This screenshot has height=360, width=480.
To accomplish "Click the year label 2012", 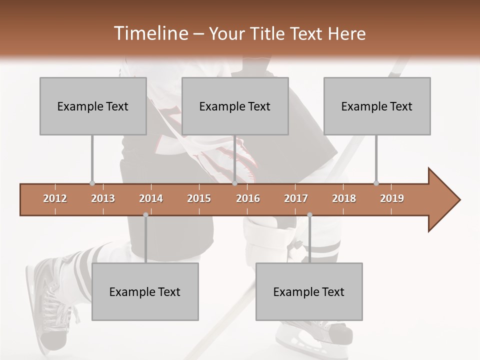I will point(55,198).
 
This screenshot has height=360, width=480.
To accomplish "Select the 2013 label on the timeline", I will point(103,198).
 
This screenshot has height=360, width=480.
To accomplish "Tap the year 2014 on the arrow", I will point(151,198).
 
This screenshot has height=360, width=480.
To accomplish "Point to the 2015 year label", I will point(199,198).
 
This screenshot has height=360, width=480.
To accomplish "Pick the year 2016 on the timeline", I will point(248,198).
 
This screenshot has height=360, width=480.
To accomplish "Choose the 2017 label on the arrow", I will point(296,198).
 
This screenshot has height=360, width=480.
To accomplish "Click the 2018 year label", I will point(344,198).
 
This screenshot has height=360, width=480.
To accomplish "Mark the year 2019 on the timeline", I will point(392,198).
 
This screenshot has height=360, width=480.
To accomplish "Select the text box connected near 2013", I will point(93,106).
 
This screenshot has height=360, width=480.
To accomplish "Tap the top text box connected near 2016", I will point(235,106).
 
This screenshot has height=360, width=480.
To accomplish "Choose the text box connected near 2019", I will point(377,106).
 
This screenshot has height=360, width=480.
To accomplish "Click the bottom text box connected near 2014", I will point(145,291).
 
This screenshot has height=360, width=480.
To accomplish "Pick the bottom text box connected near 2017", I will point(309,291).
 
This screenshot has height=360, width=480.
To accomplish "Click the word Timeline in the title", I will point(150,33).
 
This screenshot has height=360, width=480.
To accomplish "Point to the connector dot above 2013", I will point(92,183).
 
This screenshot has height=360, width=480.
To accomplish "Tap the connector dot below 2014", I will point(145,215).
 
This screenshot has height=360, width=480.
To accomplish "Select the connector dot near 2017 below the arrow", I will point(309,215).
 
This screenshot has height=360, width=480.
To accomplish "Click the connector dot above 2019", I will point(376,183).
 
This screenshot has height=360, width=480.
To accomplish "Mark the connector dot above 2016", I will point(234,183).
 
